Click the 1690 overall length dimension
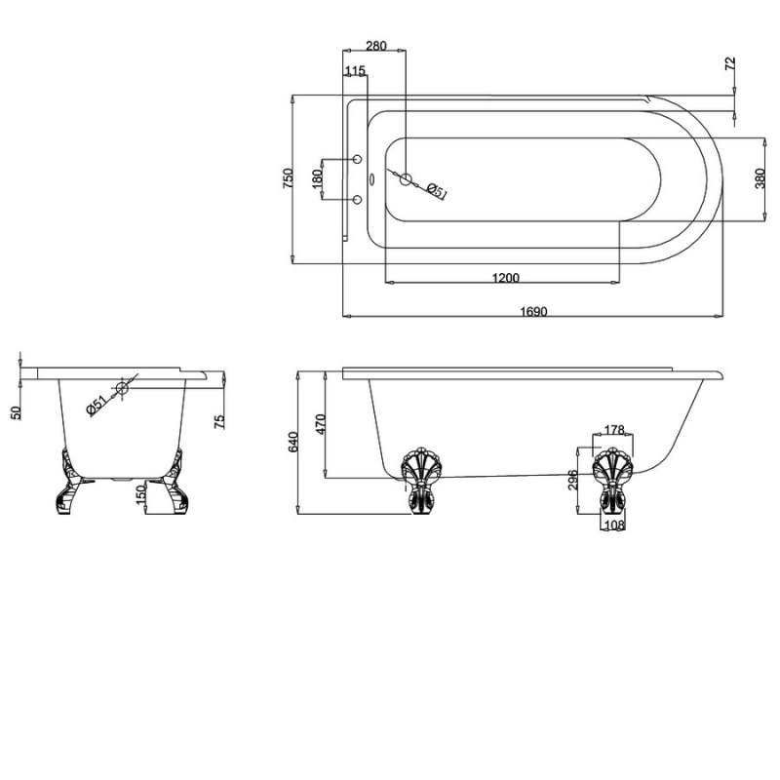532,311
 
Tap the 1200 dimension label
504,278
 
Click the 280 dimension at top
375,46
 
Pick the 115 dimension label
355,70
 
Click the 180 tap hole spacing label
317,180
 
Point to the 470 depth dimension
321,423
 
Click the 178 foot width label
613,431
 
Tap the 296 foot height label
574,482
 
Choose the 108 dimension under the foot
613,525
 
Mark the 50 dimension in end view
15,412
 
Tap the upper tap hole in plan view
357,159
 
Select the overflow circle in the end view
122,388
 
